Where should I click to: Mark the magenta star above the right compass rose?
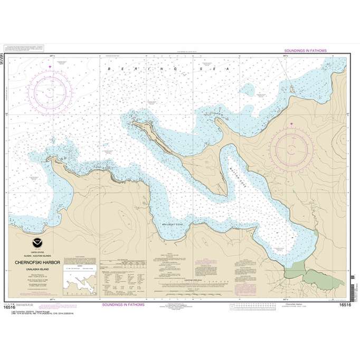pos(291,125)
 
